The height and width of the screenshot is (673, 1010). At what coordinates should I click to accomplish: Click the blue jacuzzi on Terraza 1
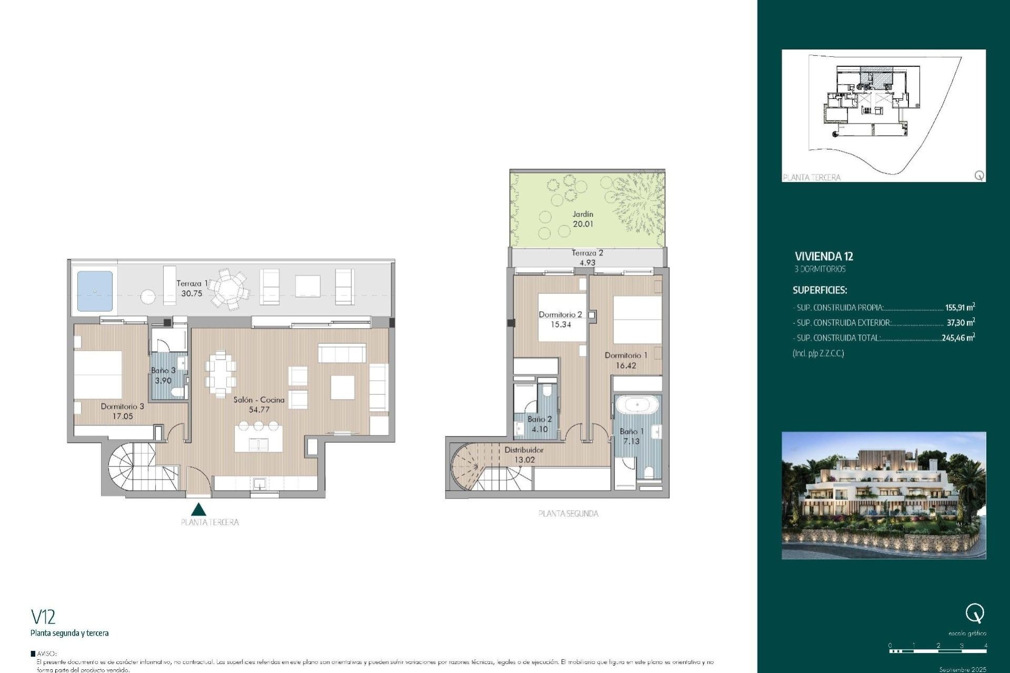[x=95, y=291]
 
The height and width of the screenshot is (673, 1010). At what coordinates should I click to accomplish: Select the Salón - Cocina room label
[x=259, y=400]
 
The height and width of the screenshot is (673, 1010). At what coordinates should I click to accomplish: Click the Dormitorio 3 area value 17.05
[x=123, y=416]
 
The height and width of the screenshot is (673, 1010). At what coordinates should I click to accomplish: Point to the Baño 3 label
[x=163, y=370]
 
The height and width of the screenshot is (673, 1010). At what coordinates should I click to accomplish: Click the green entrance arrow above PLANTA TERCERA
[x=198, y=509]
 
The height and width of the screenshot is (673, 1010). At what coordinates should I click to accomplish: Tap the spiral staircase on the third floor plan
[x=132, y=466]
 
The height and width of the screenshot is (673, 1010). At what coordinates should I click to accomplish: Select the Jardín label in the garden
[x=583, y=214]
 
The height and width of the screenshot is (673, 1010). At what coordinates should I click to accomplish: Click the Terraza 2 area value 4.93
[x=587, y=262]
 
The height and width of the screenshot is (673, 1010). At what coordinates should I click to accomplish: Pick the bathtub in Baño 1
[x=637, y=405]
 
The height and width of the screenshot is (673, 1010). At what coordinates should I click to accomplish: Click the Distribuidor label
[x=524, y=450]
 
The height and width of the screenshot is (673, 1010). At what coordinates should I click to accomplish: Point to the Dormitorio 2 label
[x=560, y=314]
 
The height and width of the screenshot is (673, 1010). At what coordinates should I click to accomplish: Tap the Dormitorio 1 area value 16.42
[x=626, y=365]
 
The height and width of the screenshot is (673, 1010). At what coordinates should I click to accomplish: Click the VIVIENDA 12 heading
[x=824, y=257]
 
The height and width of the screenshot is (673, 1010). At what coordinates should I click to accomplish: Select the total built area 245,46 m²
[x=958, y=338]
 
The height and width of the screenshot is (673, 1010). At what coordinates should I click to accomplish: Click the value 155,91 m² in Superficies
[x=959, y=308]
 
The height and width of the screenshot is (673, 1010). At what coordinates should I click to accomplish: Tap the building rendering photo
[x=884, y=495]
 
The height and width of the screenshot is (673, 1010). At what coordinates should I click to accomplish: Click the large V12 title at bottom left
[x=43, y=617]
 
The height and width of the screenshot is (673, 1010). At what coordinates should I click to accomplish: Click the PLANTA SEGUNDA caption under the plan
[x=568, y=514]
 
